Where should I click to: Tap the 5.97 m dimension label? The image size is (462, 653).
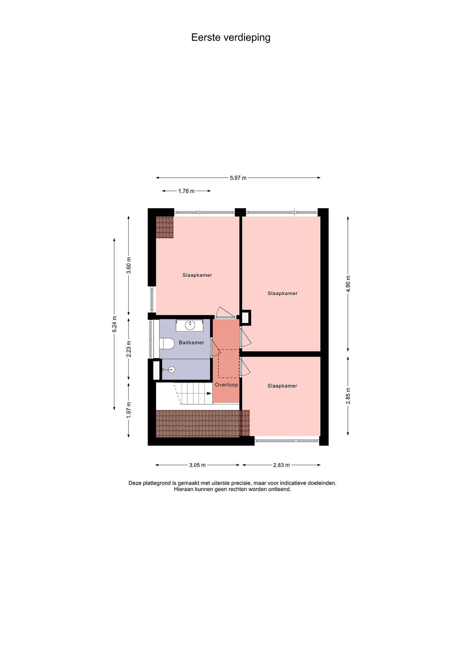pyautogui.click(x=238, y=178)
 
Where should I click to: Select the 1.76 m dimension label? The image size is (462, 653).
pyautogui.click(x=186, y=191)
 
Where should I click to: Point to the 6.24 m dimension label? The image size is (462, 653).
pyautogui.click(x=114, y=324)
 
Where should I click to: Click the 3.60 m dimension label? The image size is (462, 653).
pyautogui.click(x=129, y=265)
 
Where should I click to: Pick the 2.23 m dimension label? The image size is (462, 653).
pyautogui.click(x=129, y=349)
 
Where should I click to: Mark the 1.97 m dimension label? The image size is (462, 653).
pyautogui.click(x=129, y=410)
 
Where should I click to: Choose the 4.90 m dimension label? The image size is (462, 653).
pyautogui.click(x=348, y=284)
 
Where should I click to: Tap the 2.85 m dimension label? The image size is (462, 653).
pyautogui.click(x=348, y=396)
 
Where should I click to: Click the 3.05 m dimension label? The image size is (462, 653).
pyautogui.click(x=197, y=465)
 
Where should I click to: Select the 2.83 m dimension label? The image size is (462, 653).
pyautogui.click(x=281, y=465)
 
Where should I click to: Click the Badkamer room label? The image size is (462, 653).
pyautogui.click(x=191, y=342)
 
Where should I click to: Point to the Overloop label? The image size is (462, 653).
pyautogui.click(x=226, y=385)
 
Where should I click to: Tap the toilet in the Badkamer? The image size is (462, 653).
pyautogui.click(x=167, y=344)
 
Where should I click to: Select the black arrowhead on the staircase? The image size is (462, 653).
pyautogui.click(x=209, y=393)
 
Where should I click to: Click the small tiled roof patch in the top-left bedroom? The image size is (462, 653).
pyautogui.click(x=165, y=227)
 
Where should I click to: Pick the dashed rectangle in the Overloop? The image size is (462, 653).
pyautogui.click(x=229, y=363)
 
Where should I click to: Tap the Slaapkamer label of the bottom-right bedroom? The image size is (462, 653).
pyautogui.click(x=282, y=386)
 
